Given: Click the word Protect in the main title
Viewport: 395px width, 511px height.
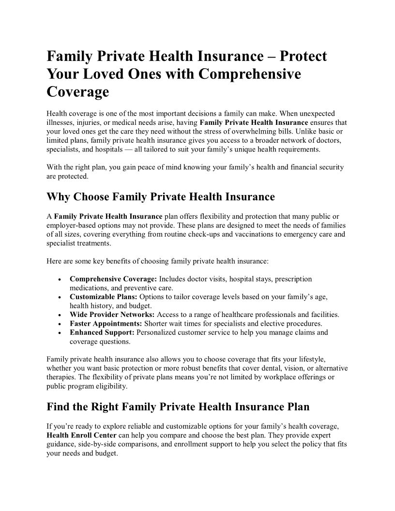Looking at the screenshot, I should (x=300, y=56).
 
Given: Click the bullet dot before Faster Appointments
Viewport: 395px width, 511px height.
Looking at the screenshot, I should (x=59, y=324).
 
